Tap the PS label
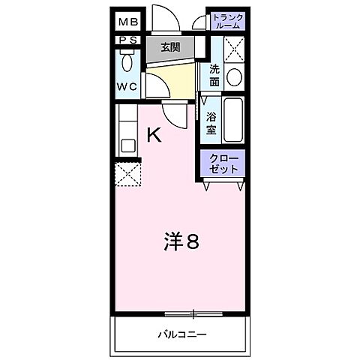(125, 40)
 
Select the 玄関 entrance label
(172, 46)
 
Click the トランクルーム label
(226, 21)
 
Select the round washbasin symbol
(234, 76)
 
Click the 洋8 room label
(181, 241)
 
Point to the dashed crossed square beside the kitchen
(127, 175)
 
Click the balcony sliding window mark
(193, 313)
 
